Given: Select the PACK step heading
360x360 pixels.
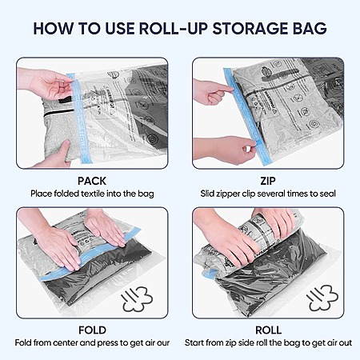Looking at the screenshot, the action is pyautogui.click(x=92, y=181).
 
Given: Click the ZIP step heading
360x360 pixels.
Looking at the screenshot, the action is pyautogui.click(x=268, y=181).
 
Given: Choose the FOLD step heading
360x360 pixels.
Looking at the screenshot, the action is pyautogui.click(x=92, y=330).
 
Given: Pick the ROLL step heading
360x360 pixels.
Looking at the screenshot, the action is pyautogui.click(x=268, y=330).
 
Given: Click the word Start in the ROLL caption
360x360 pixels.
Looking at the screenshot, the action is pyautogui.click(x=194, y=342).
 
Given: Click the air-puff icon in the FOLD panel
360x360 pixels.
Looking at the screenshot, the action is pyautogui.click(x=138, y=299).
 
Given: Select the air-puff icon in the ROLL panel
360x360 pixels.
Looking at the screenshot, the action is pyautogui.click(x=322, y=298).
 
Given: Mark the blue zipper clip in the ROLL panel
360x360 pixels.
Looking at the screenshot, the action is pyautogui.click(x=210, y=274).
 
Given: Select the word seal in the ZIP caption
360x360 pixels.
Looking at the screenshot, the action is pyautogui.click(x=327, y=194).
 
